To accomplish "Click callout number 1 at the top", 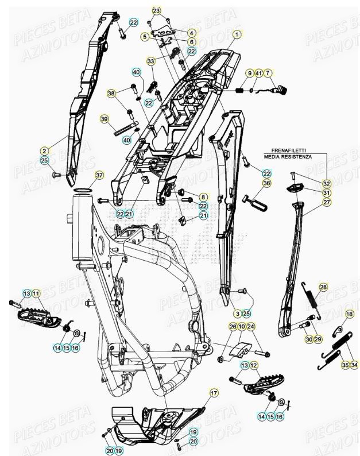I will click(x=235, y=34).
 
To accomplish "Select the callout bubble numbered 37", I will click(x=99, y=175).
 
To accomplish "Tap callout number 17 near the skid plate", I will click(x=214, y=393).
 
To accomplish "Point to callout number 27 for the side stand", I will click(x=326, y=202).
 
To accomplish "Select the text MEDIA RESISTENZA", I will click(x=288, y=156).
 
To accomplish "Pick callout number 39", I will click(x=104, y=119).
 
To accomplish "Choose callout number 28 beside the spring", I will click(x=323, y=287).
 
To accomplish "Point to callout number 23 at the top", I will click(x=157, y=11).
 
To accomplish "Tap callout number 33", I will click(x=150, y=61).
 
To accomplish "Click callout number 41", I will click(x=259, y=73).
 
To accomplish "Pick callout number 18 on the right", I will click(x=349, y=314).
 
